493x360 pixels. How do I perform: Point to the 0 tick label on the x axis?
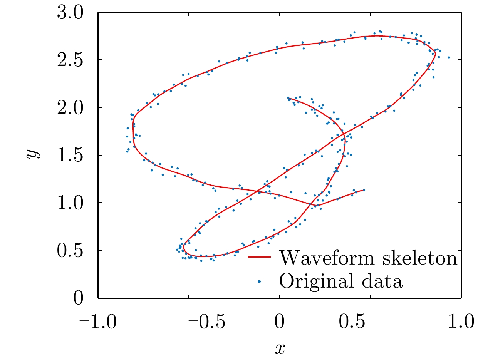click(x=280, y=321)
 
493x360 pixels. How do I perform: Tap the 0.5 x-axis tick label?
click(x=371, y=321)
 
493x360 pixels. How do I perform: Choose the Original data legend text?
click(x=341, y=281)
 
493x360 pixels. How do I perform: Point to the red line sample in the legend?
click(x=260, y=258)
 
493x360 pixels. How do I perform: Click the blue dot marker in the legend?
click(x=260, y=281)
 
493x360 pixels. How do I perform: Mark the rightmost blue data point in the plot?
click(x=449, y=57)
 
